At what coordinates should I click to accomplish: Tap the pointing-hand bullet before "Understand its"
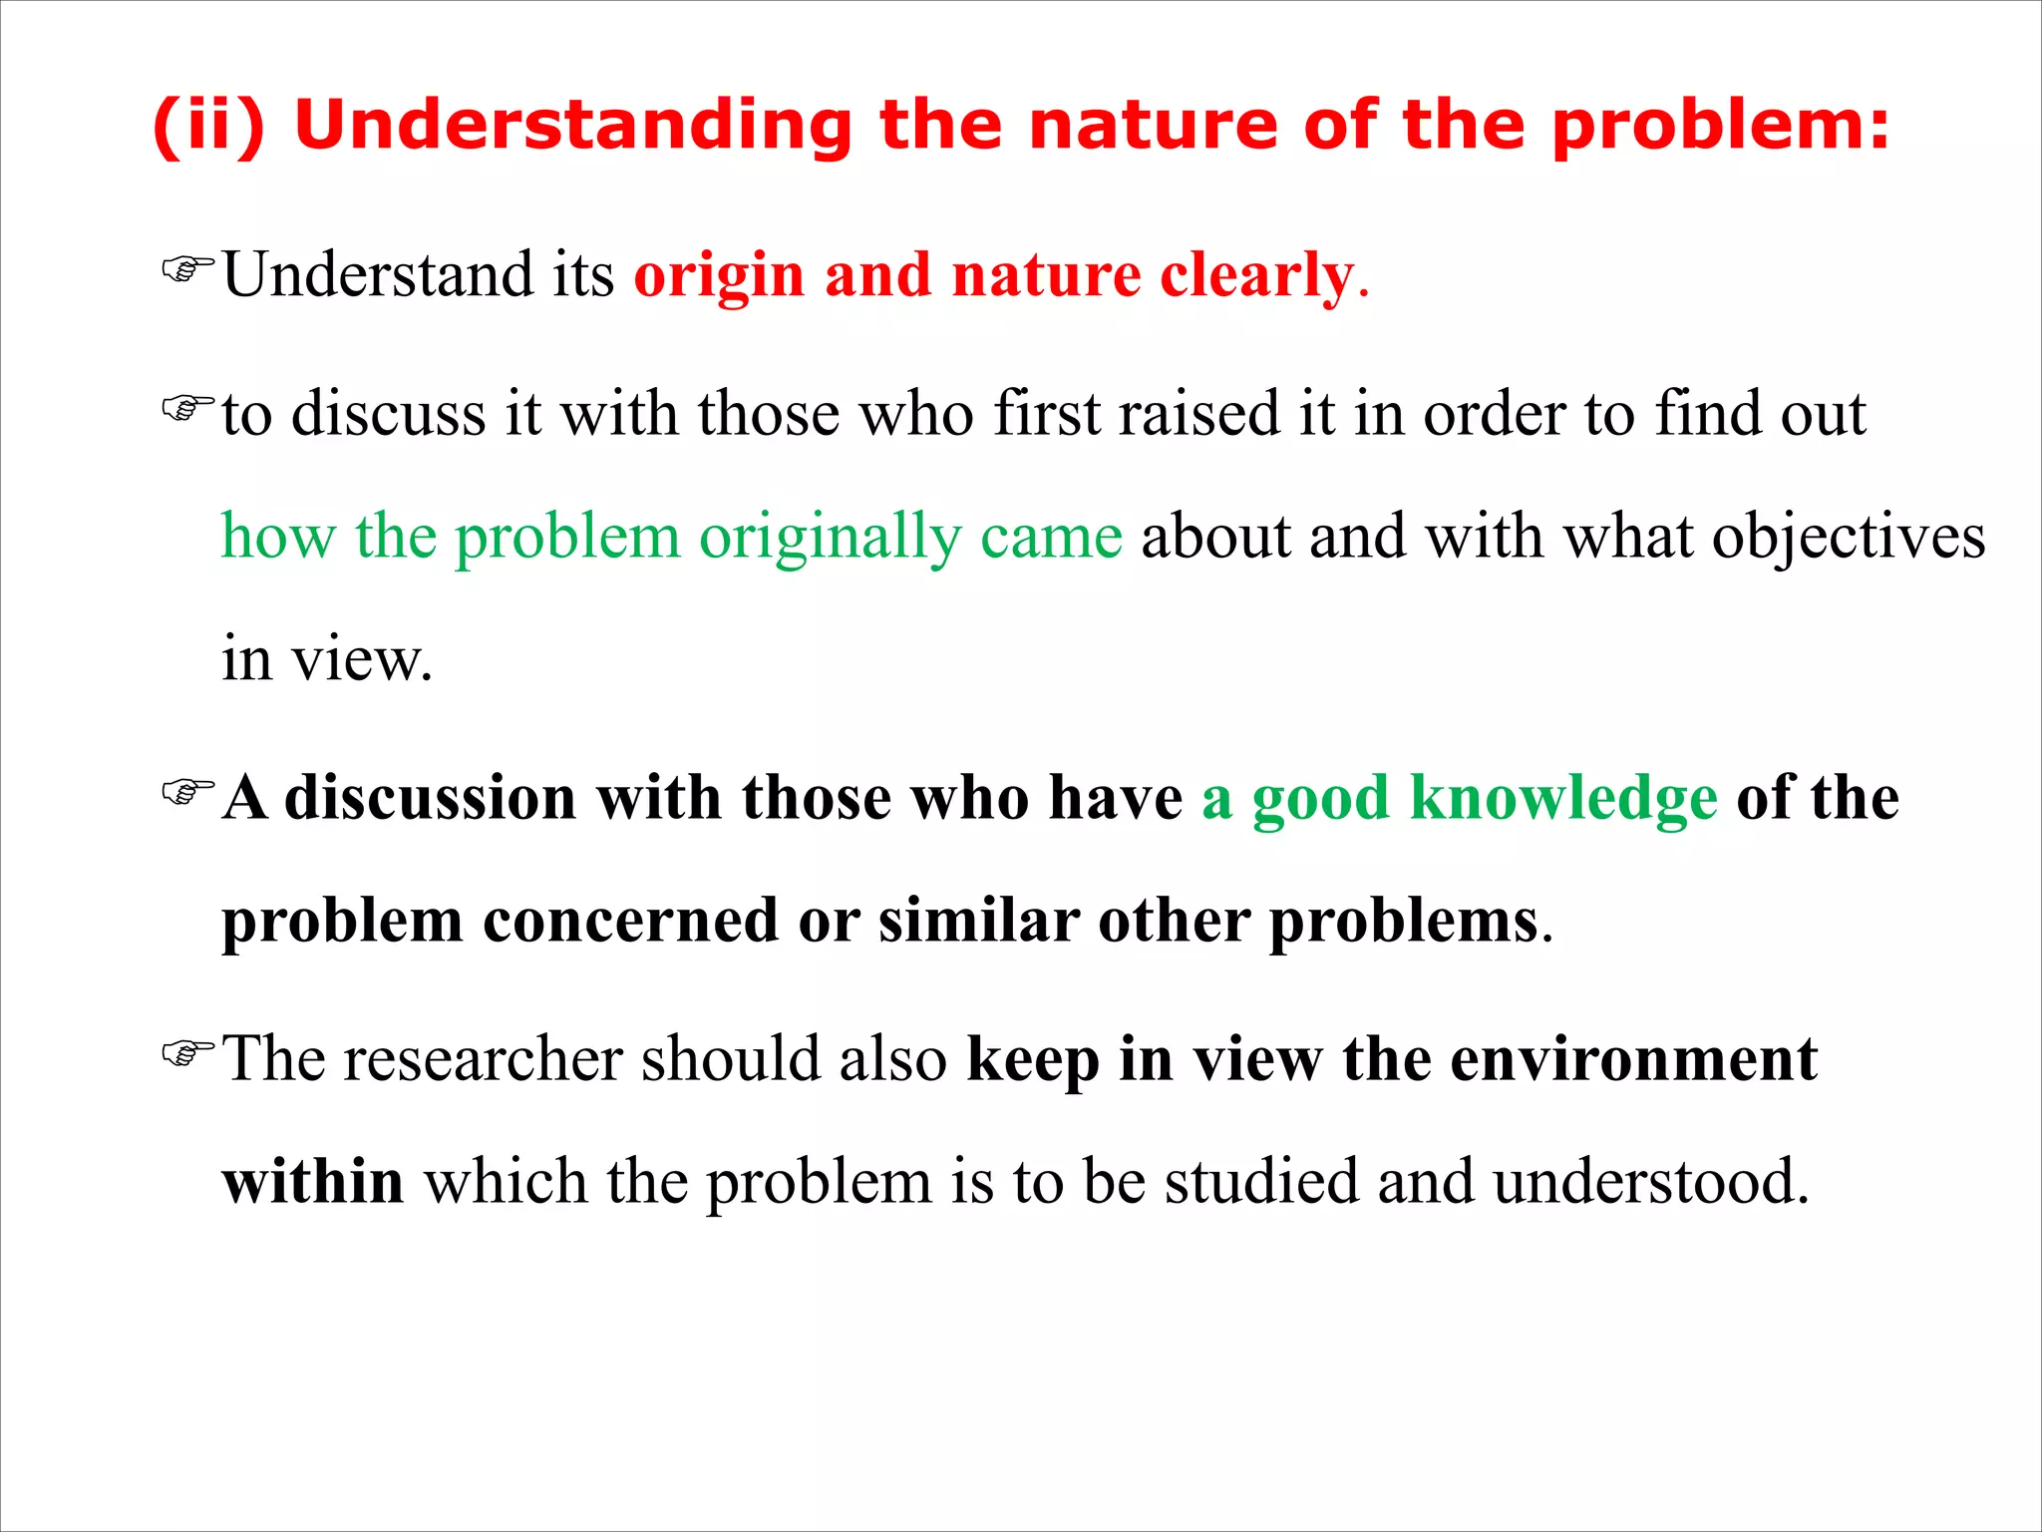tap(187, 269)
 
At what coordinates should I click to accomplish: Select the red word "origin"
tap(719, 275)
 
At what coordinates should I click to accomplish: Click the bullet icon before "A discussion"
tap(187, 792)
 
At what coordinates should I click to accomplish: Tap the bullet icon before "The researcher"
tap(187, 1052)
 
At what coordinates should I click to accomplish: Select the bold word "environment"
tap(1632, 1058)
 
